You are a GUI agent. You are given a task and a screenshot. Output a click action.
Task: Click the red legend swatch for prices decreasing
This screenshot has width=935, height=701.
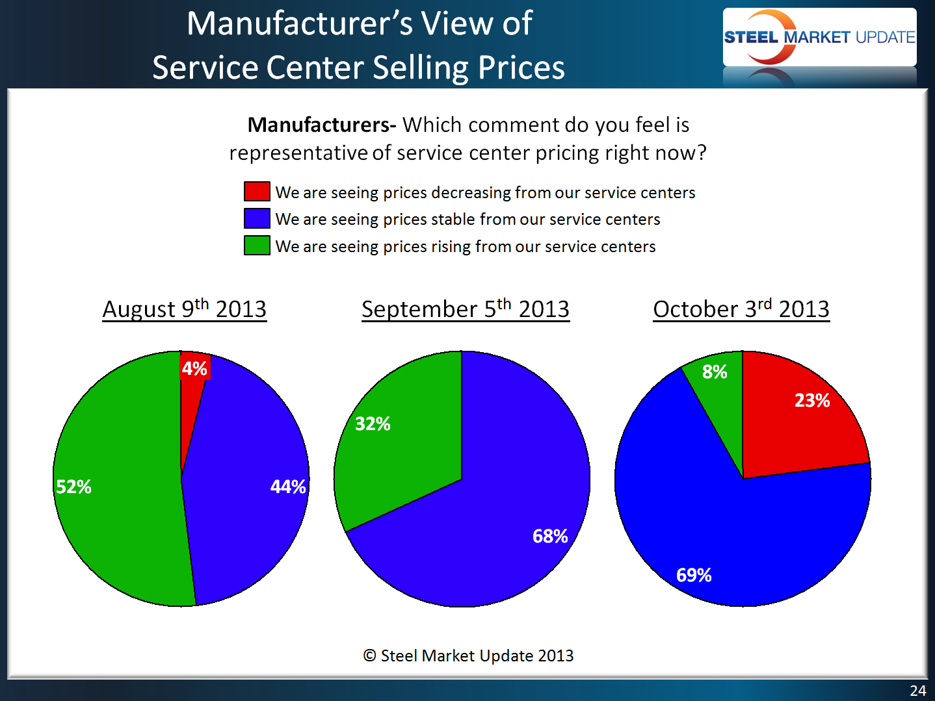257,192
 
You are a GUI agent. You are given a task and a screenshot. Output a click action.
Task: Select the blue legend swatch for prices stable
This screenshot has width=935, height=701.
257,218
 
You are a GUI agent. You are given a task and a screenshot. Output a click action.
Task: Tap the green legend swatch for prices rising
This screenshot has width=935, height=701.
257,246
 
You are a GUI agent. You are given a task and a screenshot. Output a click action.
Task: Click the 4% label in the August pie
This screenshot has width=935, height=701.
194,368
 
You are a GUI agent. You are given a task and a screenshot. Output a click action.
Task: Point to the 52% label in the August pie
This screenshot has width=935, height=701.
73,487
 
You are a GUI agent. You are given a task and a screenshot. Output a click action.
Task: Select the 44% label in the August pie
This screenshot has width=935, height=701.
288,487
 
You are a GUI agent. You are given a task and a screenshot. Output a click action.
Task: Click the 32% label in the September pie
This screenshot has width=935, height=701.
373,424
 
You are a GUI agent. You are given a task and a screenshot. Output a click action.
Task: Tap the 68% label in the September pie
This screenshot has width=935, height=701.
550,536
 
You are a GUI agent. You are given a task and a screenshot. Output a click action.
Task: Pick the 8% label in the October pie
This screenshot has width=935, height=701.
715,372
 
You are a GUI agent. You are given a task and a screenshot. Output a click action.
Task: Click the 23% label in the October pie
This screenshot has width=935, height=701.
812,400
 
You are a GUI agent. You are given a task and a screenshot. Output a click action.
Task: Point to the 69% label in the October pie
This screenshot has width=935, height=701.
694,575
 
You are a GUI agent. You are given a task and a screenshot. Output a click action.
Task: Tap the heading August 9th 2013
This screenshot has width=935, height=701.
185,309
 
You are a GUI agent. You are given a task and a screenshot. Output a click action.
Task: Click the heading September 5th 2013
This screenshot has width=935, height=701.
466,309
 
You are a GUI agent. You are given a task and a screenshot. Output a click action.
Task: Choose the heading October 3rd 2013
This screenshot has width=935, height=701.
741,309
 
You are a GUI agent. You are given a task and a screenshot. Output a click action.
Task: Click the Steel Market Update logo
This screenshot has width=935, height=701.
819,37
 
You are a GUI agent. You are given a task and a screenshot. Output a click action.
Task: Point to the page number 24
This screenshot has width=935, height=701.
917,691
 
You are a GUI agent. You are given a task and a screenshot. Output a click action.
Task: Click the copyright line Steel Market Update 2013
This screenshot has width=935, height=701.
468,656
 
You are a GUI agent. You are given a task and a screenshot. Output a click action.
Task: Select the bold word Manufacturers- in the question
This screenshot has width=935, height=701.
322,124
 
